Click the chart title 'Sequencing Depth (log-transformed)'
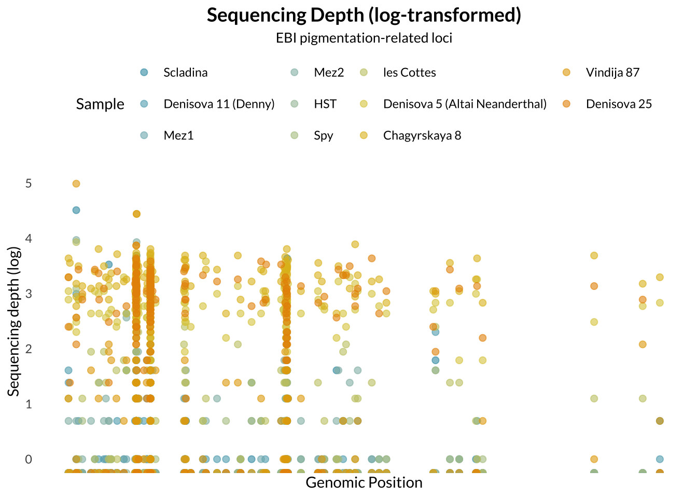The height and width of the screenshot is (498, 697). coord(364,16)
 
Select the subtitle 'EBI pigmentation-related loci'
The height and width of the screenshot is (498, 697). coord(364,38)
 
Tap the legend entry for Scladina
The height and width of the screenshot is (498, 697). coord(185,73)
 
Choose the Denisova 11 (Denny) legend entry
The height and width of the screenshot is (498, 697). coord(218,104)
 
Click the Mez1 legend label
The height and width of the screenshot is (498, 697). coord(178,136)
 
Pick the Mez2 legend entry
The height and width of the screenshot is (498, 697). coord(329,73)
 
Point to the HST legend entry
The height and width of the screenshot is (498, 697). coord(325,104)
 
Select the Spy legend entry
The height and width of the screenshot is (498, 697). coord(323,136)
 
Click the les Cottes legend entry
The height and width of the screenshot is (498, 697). coord(409,73)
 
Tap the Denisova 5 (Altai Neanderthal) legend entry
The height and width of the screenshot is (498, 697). coord(465,104)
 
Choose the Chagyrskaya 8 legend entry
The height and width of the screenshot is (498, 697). coord(422,136)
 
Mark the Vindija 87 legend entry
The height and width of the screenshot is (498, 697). coord(612,73)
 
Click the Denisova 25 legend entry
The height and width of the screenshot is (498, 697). coord(619,104)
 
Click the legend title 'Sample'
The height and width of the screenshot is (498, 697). coord(100,104)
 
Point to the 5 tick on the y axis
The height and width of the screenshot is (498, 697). coord(29,184)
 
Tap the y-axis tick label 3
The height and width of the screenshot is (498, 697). coord(29,294)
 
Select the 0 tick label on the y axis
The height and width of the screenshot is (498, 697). coord(29,459)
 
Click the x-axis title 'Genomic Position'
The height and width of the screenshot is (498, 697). coord(364,483)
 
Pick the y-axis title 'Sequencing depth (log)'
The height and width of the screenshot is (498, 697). coord(13,322)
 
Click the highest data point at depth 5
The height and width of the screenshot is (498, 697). coord(76,184)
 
